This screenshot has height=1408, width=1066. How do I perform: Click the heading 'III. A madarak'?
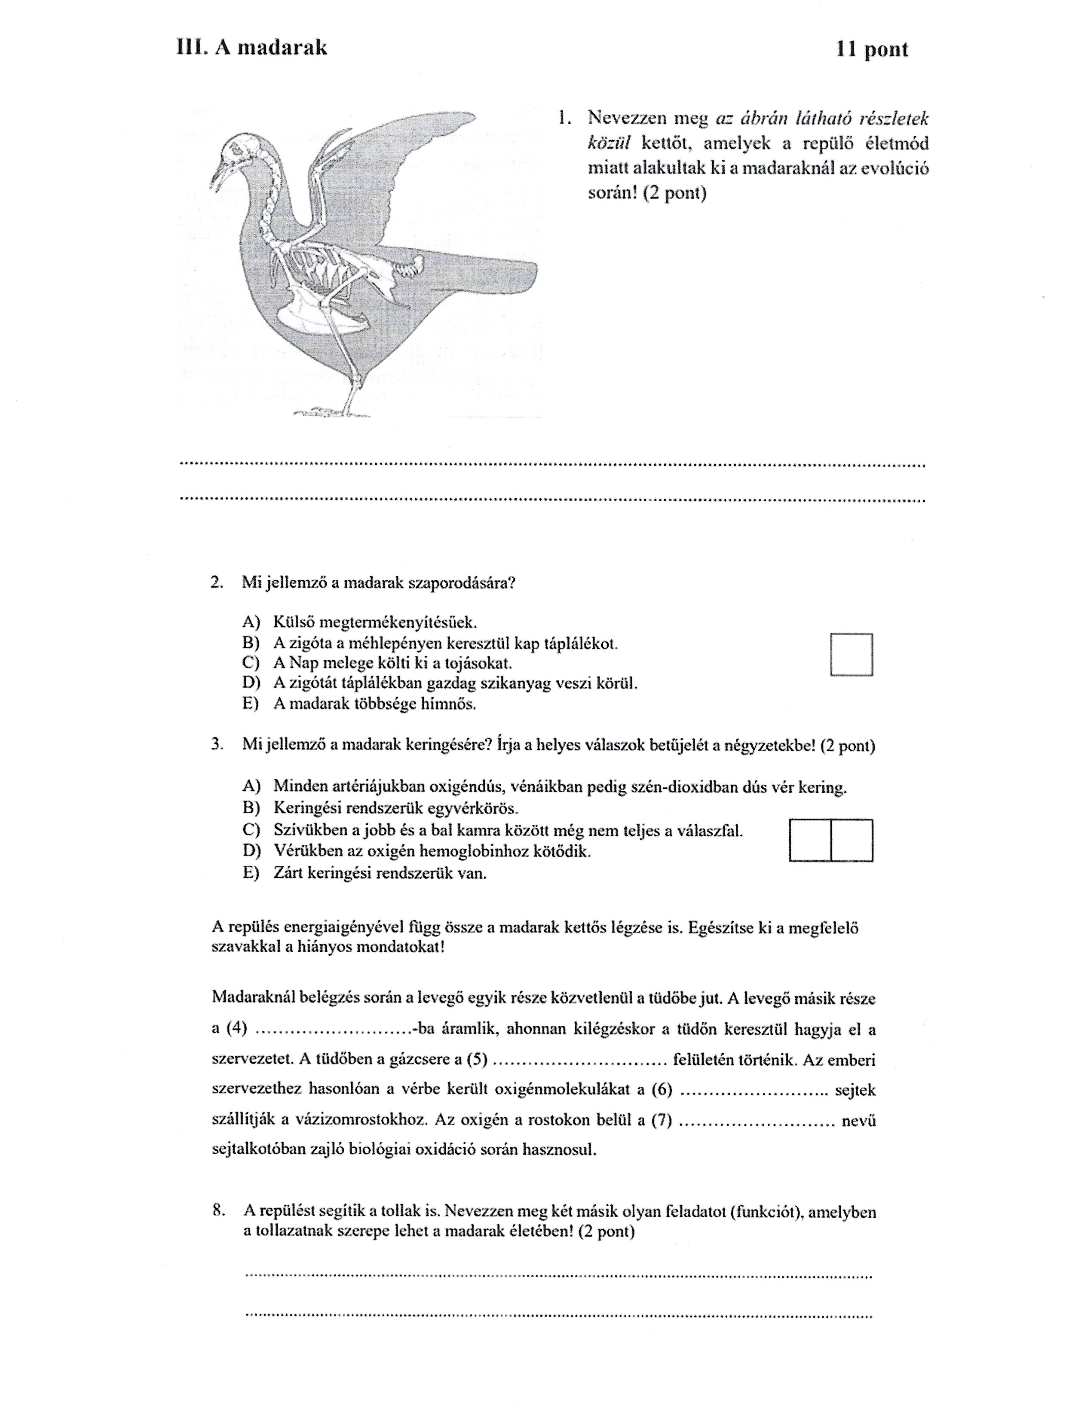click(x=251, y=48)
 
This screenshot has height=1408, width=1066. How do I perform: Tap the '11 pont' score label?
click(x=872, y=50)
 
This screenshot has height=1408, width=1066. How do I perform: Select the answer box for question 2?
click(x=852, y=654)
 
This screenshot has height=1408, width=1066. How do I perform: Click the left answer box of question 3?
click(x=810, y=840)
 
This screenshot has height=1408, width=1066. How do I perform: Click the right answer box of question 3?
click(x=852, y=840)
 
